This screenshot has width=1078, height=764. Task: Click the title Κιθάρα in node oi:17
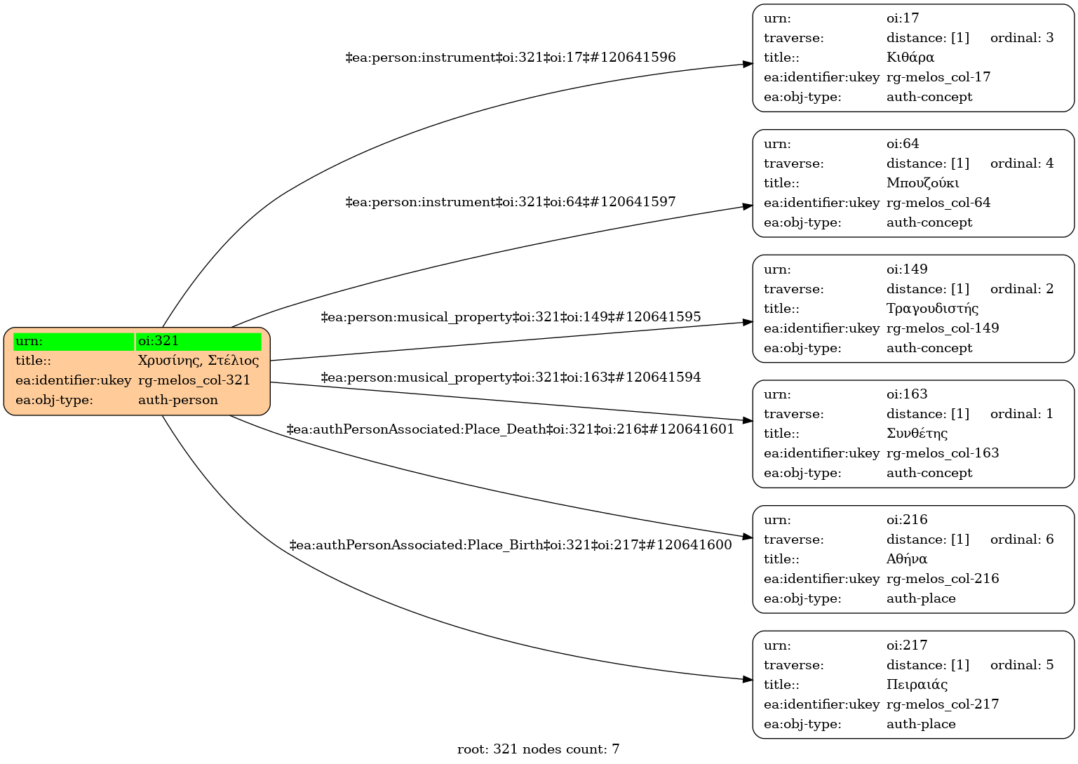click(910, 58)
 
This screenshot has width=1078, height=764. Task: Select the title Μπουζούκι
click(922, 183)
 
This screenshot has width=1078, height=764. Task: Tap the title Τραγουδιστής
click(932, 309)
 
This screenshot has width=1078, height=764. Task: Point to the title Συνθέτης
click(917, 434)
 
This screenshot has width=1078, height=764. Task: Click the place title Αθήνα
click(906, 559)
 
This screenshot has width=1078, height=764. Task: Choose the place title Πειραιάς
click(917, 685)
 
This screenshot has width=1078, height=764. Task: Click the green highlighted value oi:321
click(198, 342)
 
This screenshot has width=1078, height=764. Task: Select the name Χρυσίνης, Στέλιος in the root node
click(198, 361)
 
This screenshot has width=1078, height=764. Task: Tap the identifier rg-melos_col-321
click(194, 381)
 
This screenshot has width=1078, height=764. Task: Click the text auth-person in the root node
click(178, 401)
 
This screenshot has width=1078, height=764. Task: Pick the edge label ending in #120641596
click(511, 58)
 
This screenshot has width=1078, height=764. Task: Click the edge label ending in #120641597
click(511, 203)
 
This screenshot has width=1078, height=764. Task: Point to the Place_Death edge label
click(511, 430)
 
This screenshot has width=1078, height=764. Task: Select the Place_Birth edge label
click(511, 546)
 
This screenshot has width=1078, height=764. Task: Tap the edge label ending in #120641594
click(511, 378)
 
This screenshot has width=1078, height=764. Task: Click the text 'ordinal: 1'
click(1021, 414)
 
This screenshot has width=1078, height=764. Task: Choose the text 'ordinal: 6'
click(1021, 540)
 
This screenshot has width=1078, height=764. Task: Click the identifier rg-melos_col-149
click(942, 328)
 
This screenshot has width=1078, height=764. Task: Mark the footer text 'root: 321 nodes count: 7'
click(538, 749)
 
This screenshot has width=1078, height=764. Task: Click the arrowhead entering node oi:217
click(748, 679)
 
